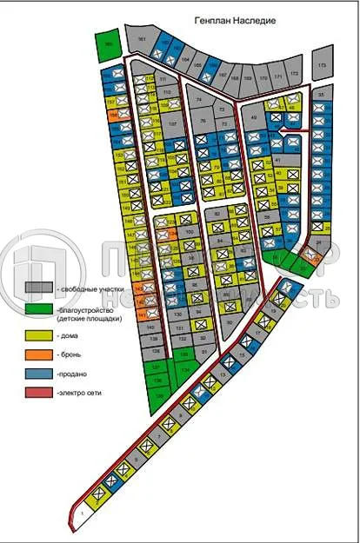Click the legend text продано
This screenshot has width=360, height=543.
[73, 374]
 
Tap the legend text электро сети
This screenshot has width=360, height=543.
[82, 394]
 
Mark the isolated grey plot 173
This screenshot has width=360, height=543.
[322, 65]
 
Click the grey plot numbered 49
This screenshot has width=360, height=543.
[253, 118]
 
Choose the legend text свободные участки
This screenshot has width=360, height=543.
[90, 288]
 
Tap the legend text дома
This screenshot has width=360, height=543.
[70, 333]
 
